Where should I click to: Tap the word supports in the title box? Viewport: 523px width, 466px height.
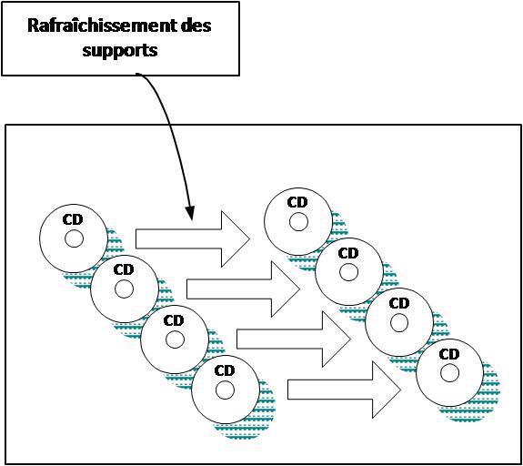pyautogui.click(x=120, y=51)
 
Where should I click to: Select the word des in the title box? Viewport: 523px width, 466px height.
pyautogui.click(x=196, y=25)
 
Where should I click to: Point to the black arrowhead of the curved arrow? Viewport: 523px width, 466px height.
pyautogui.click(x=189, y=213)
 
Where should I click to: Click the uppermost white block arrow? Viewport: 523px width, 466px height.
pyautogui.click(x=193, y=239)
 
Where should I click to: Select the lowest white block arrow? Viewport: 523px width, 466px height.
pyautogui.click(x=344, y=390)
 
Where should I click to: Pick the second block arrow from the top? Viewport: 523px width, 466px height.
pyautogui.click(x=243, y=289)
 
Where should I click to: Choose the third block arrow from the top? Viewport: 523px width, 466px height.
pyautogui.click(x=294, y=339)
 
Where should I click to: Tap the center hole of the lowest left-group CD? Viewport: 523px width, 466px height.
pyautogui.click(x=225, y=390)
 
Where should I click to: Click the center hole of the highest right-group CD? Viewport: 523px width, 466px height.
pyautogui.click(x=298, y=222)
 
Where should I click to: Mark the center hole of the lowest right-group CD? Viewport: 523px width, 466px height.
pyautogui.click(x=449, y=373)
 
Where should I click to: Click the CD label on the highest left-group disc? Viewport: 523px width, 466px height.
pyautogui.click(x=73, y=219)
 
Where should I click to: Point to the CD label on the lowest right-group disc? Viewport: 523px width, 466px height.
pyautogui.click(x=449, y=354)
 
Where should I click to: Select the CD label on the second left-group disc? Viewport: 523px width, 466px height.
pyautogui.click(x=124, y=269)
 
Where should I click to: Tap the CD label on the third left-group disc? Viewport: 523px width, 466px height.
pyautogui.click(x=174, y=320)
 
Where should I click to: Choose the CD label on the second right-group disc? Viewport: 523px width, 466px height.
pyautogui.click(x=348, y=253)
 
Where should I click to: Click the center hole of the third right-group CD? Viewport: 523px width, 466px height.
pyautogui.click(x=399, y=322)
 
